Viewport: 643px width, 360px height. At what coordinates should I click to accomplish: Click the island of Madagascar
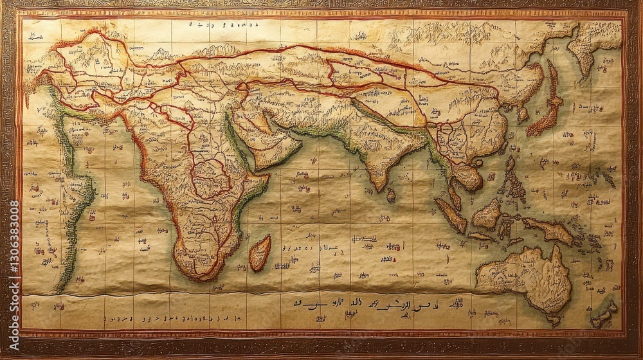pyautogui.click(x=260, y=253)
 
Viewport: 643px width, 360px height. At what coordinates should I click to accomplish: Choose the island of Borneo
pyautogui.click(x=487, y=214)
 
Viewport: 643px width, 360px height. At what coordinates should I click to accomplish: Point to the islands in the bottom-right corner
pyautogui.click(x=603, y=315)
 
